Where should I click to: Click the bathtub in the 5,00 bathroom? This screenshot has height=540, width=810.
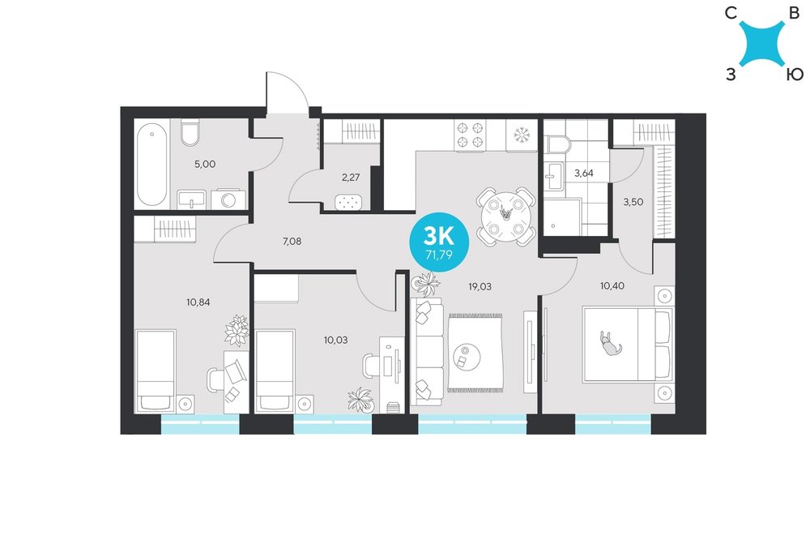pos(152,164)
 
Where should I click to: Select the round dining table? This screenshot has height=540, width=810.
pos(505,216)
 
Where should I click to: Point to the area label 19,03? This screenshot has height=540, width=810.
pos(480,286)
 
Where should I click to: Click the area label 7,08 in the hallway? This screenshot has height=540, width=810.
pos(292,241)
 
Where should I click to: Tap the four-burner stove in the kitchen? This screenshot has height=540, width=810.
pos(470,135)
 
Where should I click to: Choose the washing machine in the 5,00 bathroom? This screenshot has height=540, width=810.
pos(228,199)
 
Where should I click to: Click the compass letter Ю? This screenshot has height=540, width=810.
pos(795,75)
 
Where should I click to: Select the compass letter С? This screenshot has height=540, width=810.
pos(731,14)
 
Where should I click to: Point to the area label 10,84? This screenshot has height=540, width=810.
pos(198,302)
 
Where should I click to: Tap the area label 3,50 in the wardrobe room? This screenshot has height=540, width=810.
pos(633,202)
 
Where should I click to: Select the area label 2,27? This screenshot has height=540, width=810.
pos(351,178)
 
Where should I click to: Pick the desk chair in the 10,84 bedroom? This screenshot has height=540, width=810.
pos(215,381)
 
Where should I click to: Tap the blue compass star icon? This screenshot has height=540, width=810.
pos(762,44)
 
